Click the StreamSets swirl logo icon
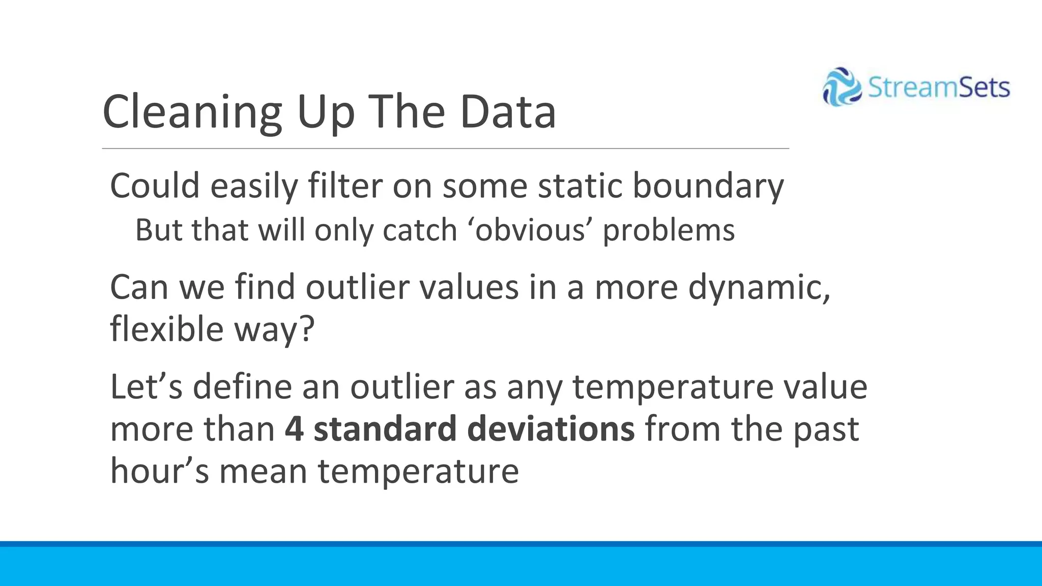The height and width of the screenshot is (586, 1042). tap(842, 87)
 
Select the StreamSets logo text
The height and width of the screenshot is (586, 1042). tap(938, 87)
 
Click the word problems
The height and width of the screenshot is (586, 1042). tap(669, 230)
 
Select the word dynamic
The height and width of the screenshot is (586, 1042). tap(759, 287)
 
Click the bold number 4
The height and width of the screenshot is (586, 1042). tap(294, 429)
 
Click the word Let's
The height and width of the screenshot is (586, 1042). tap(146, 387)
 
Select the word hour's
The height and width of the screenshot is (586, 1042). tap(159, 471)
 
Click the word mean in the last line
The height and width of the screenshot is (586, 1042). tap(263, 471)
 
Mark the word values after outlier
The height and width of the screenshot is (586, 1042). tap(469, 287)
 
